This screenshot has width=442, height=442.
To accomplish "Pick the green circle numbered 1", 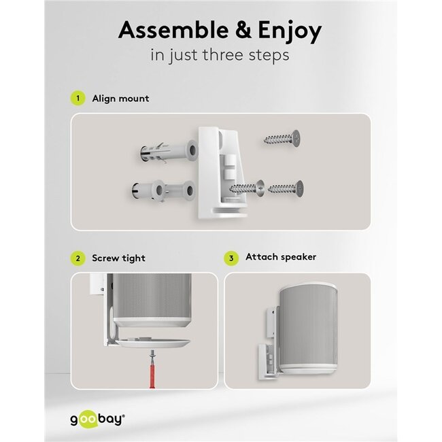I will [78, 99].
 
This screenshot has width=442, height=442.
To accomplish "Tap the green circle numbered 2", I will [78, 258].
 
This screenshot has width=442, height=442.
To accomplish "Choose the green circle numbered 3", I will [232, 258].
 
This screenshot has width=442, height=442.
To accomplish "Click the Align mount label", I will [121, 99].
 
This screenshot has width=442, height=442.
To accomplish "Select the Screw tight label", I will [119, 258].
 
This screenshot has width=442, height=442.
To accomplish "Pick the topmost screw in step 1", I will [281, 139].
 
